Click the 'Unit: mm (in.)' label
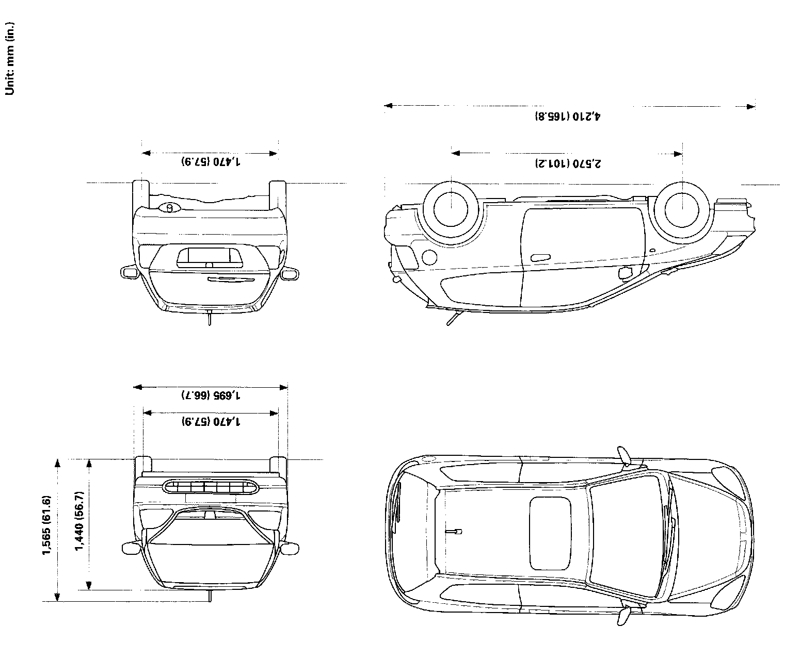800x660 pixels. click(x=10, y=59)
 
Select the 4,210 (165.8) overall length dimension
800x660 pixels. click(x=568, y=116)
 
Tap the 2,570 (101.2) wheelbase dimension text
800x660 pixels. click(x=568, y=164)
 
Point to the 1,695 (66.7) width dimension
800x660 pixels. click(x=211, y=395)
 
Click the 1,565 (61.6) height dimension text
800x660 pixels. click(x=46, y=525)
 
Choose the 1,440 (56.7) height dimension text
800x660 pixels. click(x=79, y=521)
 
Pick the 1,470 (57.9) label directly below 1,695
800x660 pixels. click(x=211, y=421)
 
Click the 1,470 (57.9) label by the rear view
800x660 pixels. click(x=211, y=161)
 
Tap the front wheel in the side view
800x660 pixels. click(x=682, y=210)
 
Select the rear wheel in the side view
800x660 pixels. click(x=451, y=209)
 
